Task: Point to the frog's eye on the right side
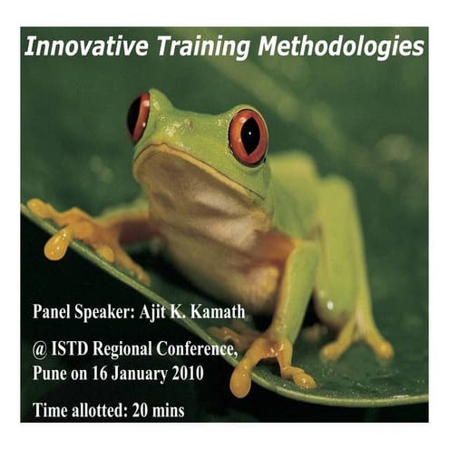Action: tap(248, 135)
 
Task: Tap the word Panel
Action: tap(56, 314)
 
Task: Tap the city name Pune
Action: tap(53, 373)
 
